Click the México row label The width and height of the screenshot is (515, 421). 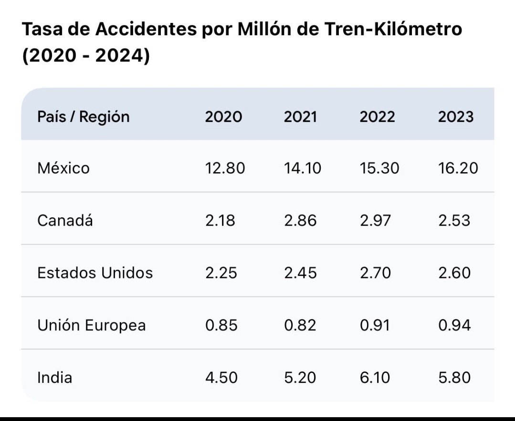(x=63, y=168)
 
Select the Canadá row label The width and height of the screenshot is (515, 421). (x=65, y=221)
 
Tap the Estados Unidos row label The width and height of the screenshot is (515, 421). (x=95, y=273)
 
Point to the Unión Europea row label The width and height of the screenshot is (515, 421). (x=91, y=326)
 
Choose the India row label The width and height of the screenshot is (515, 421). (x=55, y=378)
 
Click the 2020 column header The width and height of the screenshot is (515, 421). (x=223, y=117)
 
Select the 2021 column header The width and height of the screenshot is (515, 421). (x=300, y=117)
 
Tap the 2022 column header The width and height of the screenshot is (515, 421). (x=378, y=117)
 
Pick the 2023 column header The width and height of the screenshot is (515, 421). (x=456, y=117)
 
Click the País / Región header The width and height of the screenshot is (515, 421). (x=84, y=117)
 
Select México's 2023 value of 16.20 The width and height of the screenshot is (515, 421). (x=458, y=168)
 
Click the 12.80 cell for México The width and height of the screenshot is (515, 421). (x=225, y=168)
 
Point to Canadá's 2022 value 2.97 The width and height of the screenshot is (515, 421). (x=375, y=221)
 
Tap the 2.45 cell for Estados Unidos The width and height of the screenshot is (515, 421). (x=300, y=273)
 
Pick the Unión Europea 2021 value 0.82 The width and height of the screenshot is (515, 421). (x=300, y=326)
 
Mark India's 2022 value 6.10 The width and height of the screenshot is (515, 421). (x=375, y=378)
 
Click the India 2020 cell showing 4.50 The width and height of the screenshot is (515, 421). (x=221, y=378)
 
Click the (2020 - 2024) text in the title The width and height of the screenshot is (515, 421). (x=86, y=57)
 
